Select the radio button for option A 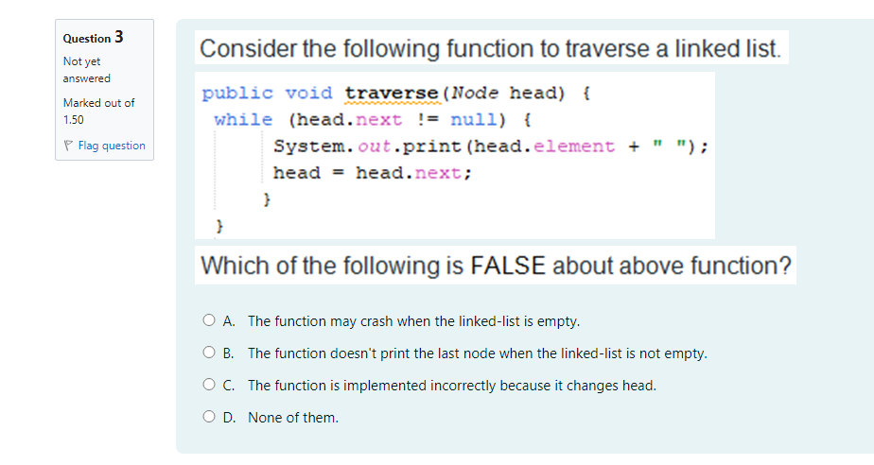click(209, 321)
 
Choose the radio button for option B click(209, 353)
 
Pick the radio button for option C click(209, 386)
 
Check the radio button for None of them click(209, 418)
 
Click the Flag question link click(112, 146)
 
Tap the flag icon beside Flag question click(69, 146)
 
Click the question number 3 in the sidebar click(118, 38)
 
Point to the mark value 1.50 click(73, 120)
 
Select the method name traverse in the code click(392, 94)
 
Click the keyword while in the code click(243, 120)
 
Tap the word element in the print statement click(574, 146)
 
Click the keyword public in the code click(237, 94)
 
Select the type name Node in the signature click(475, 94)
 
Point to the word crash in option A click(376, 321)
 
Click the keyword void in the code click(309, 94)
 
